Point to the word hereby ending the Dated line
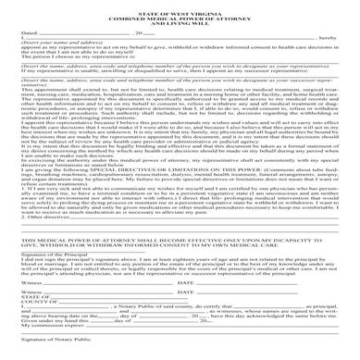click(327, 51)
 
